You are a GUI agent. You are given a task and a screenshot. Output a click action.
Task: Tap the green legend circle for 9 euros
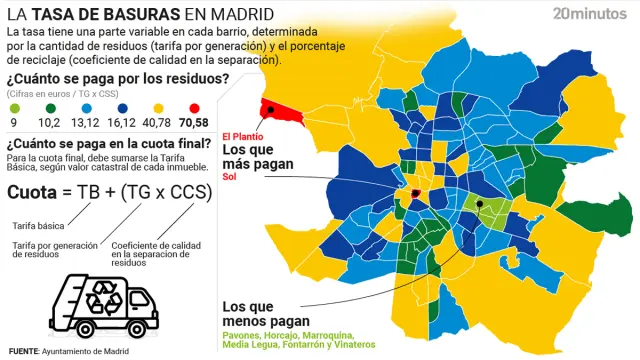click(x=13, y=107)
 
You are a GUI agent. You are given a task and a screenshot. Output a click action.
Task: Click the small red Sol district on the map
click(x=415, y=194)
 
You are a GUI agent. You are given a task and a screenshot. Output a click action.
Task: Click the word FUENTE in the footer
click(x=25, y=351)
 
